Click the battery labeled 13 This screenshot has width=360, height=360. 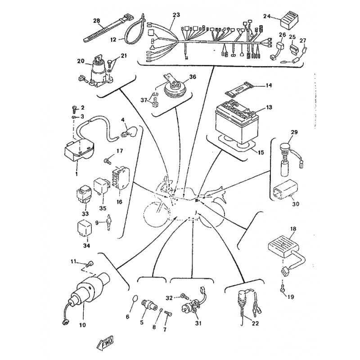click(x=237, y=121)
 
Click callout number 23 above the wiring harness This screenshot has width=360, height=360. click(x=176, y=15)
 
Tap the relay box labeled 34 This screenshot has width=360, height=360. click(x=85, y=228)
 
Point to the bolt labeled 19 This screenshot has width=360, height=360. click(x=283, y=288)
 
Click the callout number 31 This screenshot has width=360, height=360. click(x=198, y=323)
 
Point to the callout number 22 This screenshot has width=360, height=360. click(x=255, y=323)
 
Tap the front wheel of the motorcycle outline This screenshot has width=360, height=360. click(x=157, y=213)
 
